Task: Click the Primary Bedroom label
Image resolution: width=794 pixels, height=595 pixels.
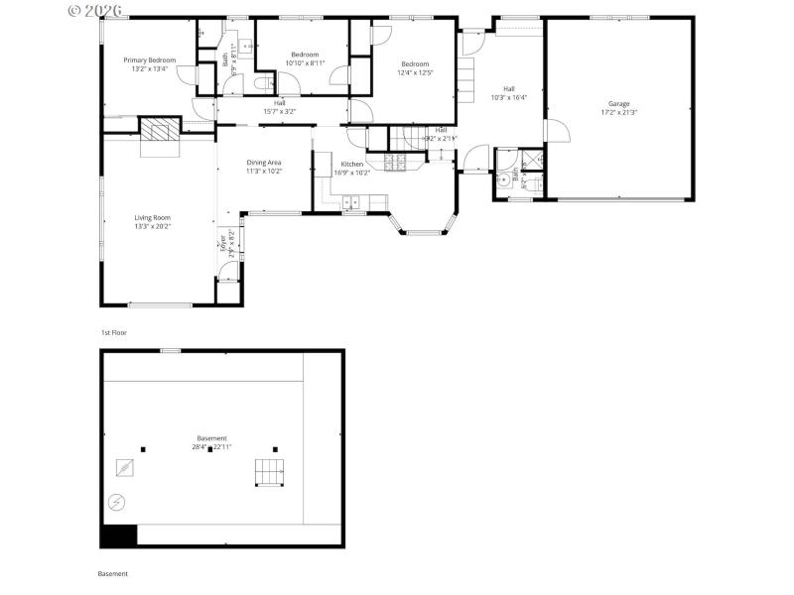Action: click(150, 60)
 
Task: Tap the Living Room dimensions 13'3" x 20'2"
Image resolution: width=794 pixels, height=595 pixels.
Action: click(153, 226)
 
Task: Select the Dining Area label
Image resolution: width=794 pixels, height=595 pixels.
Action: click(264, 163)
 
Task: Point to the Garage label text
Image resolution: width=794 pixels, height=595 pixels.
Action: click(618, 104)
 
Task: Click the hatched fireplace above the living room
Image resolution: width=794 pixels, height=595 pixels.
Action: click(159, 129)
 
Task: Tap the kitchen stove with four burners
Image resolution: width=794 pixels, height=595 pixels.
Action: click(394, 164)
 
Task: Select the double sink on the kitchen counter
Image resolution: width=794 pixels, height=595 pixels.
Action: click(351, 202)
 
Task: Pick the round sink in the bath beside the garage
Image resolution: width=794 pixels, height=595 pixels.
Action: click(504, 180)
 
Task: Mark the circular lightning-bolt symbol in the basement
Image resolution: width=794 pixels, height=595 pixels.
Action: click(117, 503)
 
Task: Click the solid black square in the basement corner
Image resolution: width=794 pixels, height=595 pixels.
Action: click(118, 535)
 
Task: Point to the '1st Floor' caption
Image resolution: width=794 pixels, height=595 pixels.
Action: click(114, 332)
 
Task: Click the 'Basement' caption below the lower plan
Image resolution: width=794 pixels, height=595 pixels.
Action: click(113, 573)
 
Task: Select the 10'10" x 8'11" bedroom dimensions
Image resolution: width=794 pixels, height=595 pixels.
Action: click(305, 62)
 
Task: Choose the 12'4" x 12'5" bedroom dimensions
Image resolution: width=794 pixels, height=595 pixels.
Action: click(415, 72)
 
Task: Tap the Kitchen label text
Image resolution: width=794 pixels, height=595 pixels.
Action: click(352, 164)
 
